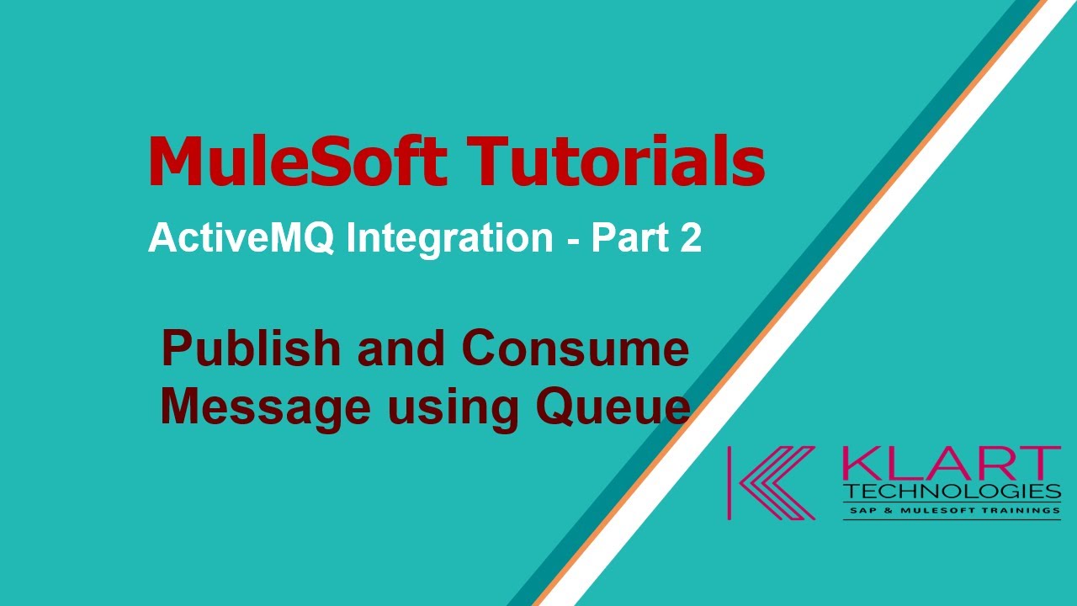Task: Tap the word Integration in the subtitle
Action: coord(450,239)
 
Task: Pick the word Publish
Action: coord(251,349)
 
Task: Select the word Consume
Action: coord(575,349)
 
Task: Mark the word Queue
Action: coord(613,407)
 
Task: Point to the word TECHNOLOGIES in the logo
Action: coord(952,491)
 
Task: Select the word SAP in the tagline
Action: coord(862,511)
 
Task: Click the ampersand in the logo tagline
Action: coord(887,511)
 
